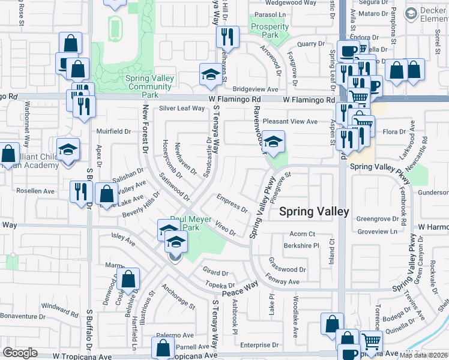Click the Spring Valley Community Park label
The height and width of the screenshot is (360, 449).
coord(150,86)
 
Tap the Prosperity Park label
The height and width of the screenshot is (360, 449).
coord(270,31)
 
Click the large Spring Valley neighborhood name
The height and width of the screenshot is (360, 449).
coord(315,211)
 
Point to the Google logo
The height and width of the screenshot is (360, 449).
coord(20,353)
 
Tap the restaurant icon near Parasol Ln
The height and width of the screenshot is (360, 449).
coord(228,37)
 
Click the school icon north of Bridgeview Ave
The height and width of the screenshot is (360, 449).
coord(210,75)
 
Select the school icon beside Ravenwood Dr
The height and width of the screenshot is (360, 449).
coord(273,142)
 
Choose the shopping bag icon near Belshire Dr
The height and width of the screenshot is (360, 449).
coord(128,279)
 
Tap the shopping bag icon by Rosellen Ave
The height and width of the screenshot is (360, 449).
coord(106,194)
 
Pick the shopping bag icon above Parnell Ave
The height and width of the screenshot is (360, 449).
coord(163,347)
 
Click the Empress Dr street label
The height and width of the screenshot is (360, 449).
coord(233,204)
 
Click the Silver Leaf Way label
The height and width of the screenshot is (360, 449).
coord(182,109)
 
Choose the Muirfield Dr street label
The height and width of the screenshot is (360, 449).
coord(114,131)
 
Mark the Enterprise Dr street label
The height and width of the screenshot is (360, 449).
coord(256,345)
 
